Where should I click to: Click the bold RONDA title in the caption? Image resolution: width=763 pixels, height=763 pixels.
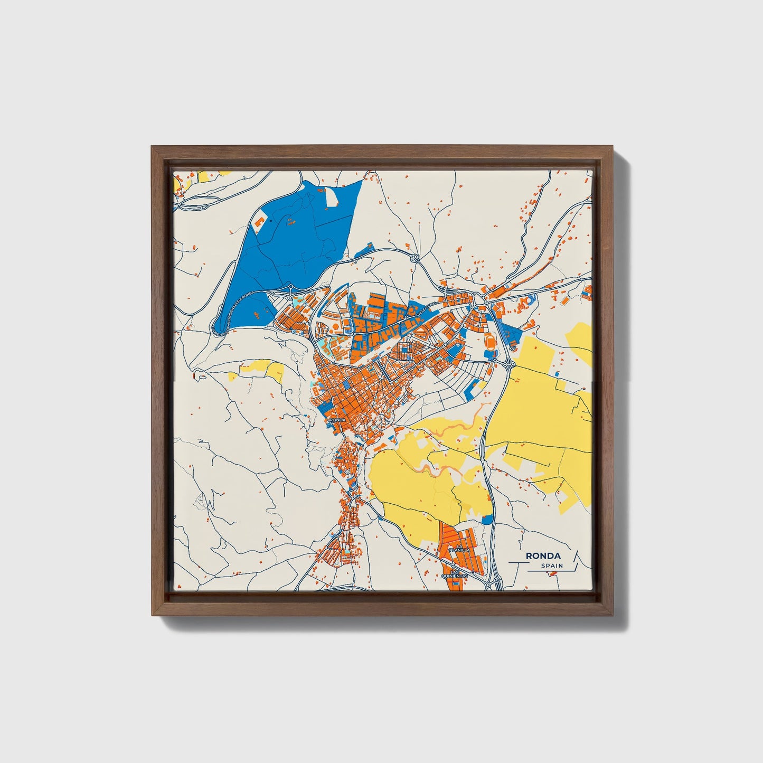tap(543, 556)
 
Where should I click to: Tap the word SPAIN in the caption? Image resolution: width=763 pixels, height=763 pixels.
tap(551, 566)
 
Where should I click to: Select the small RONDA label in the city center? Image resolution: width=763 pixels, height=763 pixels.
tap(337, 420)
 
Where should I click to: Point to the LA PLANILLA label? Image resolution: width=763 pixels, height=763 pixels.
tap(457, 549)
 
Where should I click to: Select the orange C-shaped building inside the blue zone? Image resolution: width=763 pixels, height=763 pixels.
tap(259, 221)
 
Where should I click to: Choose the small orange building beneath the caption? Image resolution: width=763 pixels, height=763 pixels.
tap(553, 574)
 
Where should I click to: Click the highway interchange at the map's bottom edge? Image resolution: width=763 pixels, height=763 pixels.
tap(496, 582)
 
